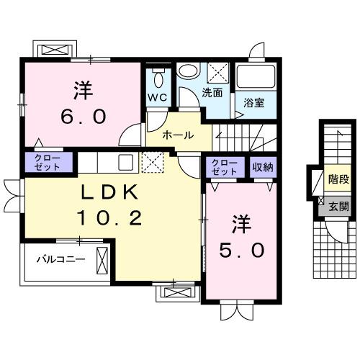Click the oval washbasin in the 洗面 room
189,72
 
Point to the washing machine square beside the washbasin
218,73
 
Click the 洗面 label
212,92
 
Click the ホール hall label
176,135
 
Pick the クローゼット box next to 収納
225,167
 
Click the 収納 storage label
262,167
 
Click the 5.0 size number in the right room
241,250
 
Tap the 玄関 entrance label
337,206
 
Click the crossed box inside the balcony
102,257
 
